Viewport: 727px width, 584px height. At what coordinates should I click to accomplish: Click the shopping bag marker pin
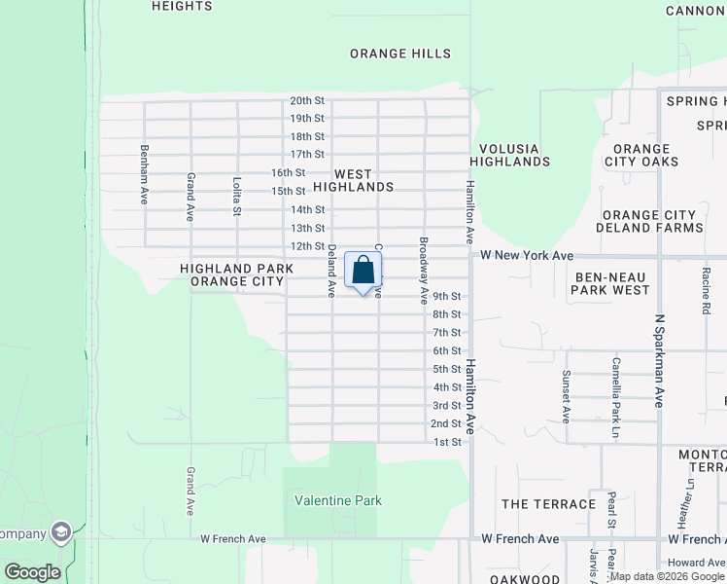pyautogui.click(x=363, y=272)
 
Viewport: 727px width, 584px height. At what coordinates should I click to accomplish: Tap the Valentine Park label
pyautogui.click(x=338, y=501)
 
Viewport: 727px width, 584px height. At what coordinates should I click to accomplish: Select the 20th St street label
pyautogui.click(x=306, y=101)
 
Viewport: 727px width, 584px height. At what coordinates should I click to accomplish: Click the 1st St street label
pyautogui.click(x=446, y=443)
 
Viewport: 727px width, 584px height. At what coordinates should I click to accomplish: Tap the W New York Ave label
pyautogui.click(x=527, y=255)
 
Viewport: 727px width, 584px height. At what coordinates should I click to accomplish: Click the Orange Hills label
pyautogui.click(x=400, y=55)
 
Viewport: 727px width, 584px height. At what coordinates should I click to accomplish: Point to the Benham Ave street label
pyautogui.click(x=144, y=174)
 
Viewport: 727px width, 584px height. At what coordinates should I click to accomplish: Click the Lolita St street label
pyautogui.click(x=236, y=195)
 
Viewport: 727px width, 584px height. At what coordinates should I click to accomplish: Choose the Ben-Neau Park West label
pyautogui.click(x=610, y=283)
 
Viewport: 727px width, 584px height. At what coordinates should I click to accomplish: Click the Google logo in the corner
pyautogui.click(x=32, y=572)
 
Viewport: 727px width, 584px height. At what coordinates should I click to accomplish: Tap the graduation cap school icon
pyautogui.click(x=61, y=532)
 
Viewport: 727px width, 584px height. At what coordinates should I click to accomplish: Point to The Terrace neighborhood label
pyautogui.click(x=548, y=504)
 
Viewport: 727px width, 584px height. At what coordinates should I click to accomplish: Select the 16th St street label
pyautogui.click(x=288, y=172)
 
